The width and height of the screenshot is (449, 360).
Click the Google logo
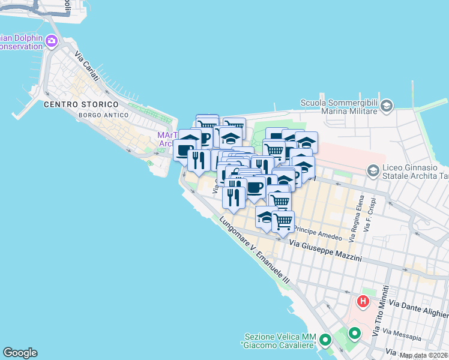[20, 353]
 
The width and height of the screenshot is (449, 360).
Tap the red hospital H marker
[363, 301]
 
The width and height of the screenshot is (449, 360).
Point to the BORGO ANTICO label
[104, 115]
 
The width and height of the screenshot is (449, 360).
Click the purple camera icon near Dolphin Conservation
[52, 41]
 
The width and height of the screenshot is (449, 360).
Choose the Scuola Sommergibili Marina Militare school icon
[387, 106]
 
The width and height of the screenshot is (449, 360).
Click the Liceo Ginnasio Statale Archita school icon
[373, 171]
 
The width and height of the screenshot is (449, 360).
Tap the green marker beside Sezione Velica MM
[325, 341]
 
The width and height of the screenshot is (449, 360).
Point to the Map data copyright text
[424, 355]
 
